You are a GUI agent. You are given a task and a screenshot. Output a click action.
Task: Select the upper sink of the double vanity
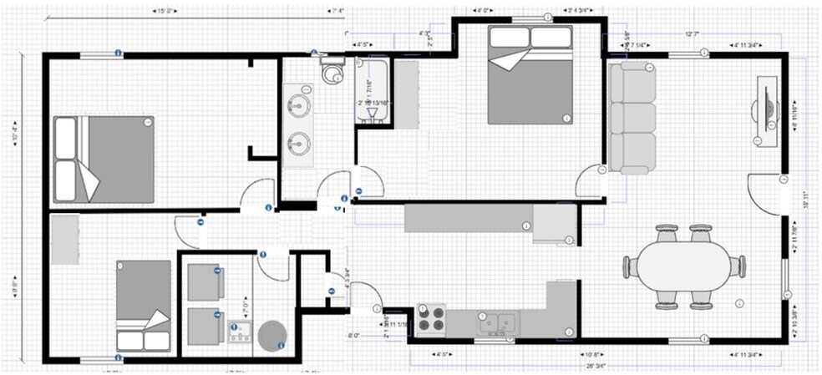(x=298, y=106)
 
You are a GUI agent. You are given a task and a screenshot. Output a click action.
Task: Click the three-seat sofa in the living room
(x=632, y=118)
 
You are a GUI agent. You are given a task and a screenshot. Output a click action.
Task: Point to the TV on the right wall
(x=765, y=111)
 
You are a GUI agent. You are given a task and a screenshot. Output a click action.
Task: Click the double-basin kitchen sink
(x=499, y=322)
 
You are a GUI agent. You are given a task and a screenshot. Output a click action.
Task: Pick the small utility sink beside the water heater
(x=240, y=332)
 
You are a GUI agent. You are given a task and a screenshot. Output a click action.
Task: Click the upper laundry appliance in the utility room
(x=204, y=281)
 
